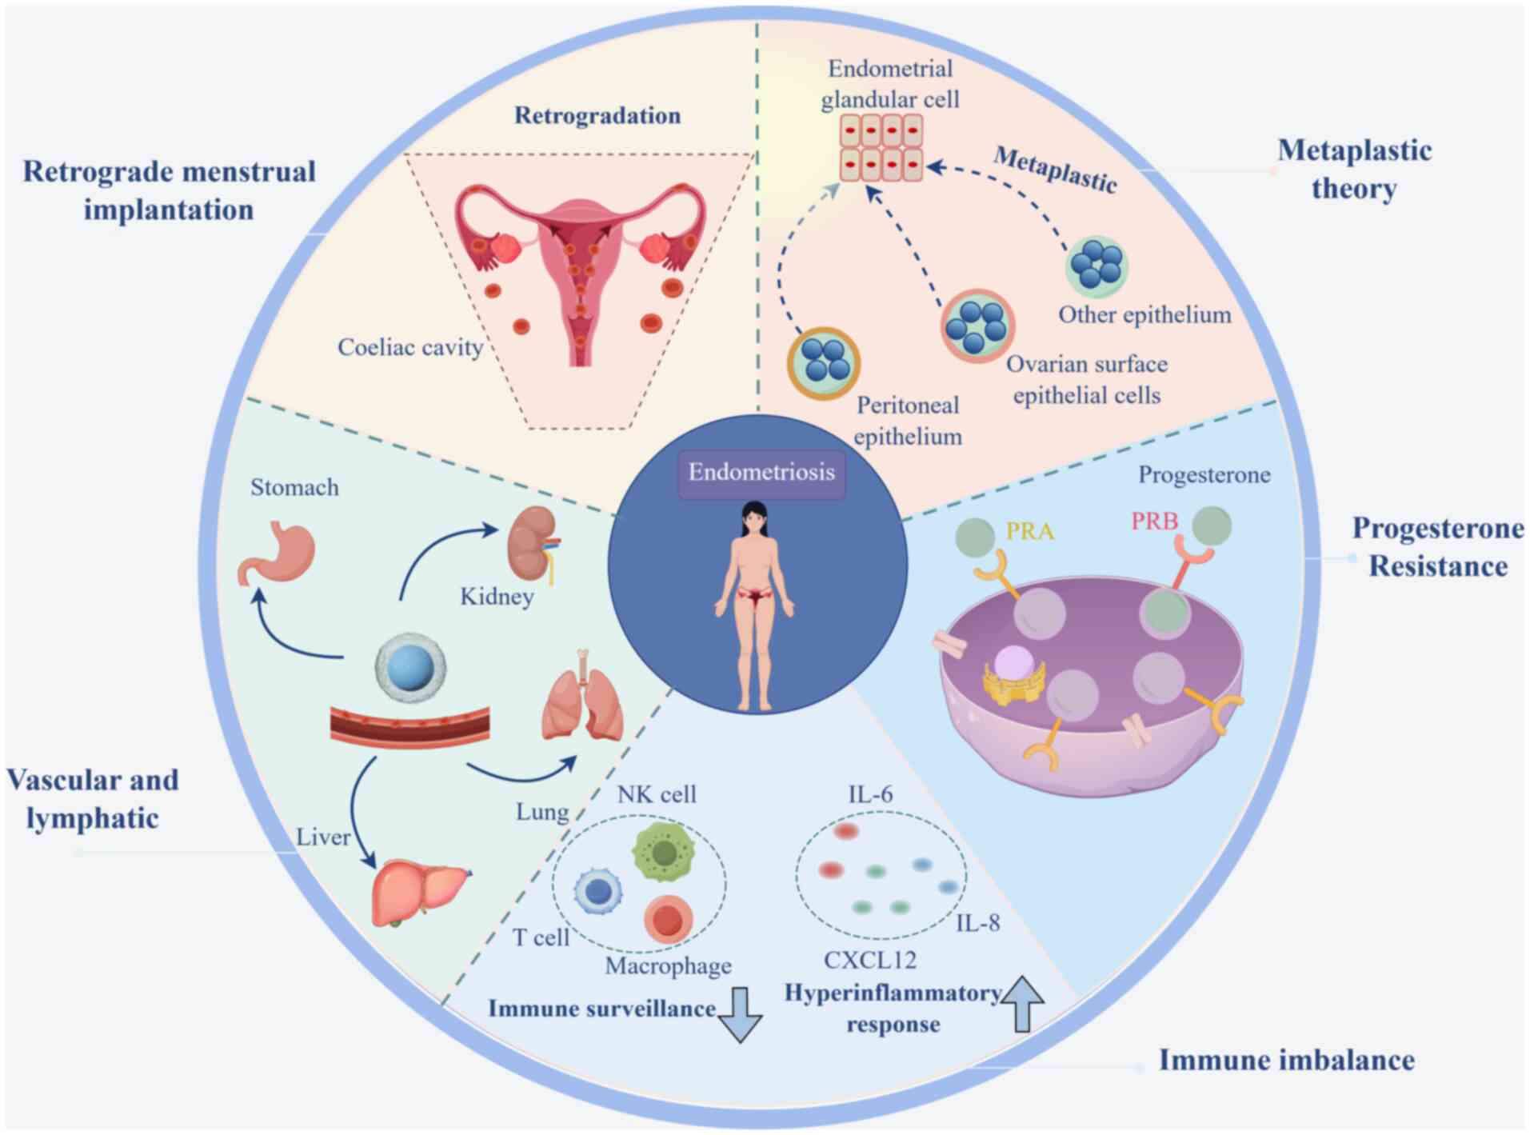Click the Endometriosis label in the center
(761, 473)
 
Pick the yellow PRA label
(1029, 531)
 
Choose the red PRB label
(1154, 522)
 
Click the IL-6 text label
(870, 794)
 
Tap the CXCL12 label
(870, 960)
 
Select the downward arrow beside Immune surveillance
(740, 1014)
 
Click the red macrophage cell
(668, 919)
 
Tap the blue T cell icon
(598, 892)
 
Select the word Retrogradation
(597, 115)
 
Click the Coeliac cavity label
(409, 347)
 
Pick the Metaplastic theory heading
(1354, 169)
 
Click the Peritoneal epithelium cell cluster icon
(823, 362)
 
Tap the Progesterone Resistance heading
(1438, 547)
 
